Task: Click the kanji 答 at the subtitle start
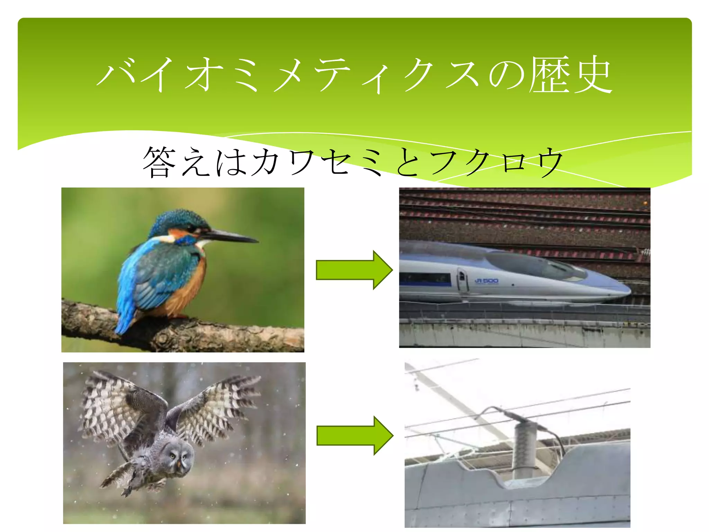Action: (x=159, y=162)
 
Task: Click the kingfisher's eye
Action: (x=191, y=228)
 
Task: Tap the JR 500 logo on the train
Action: (x=486, y=281)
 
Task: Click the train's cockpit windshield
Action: (x=540, y=265)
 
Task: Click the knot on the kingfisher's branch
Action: (x=163, y=338)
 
